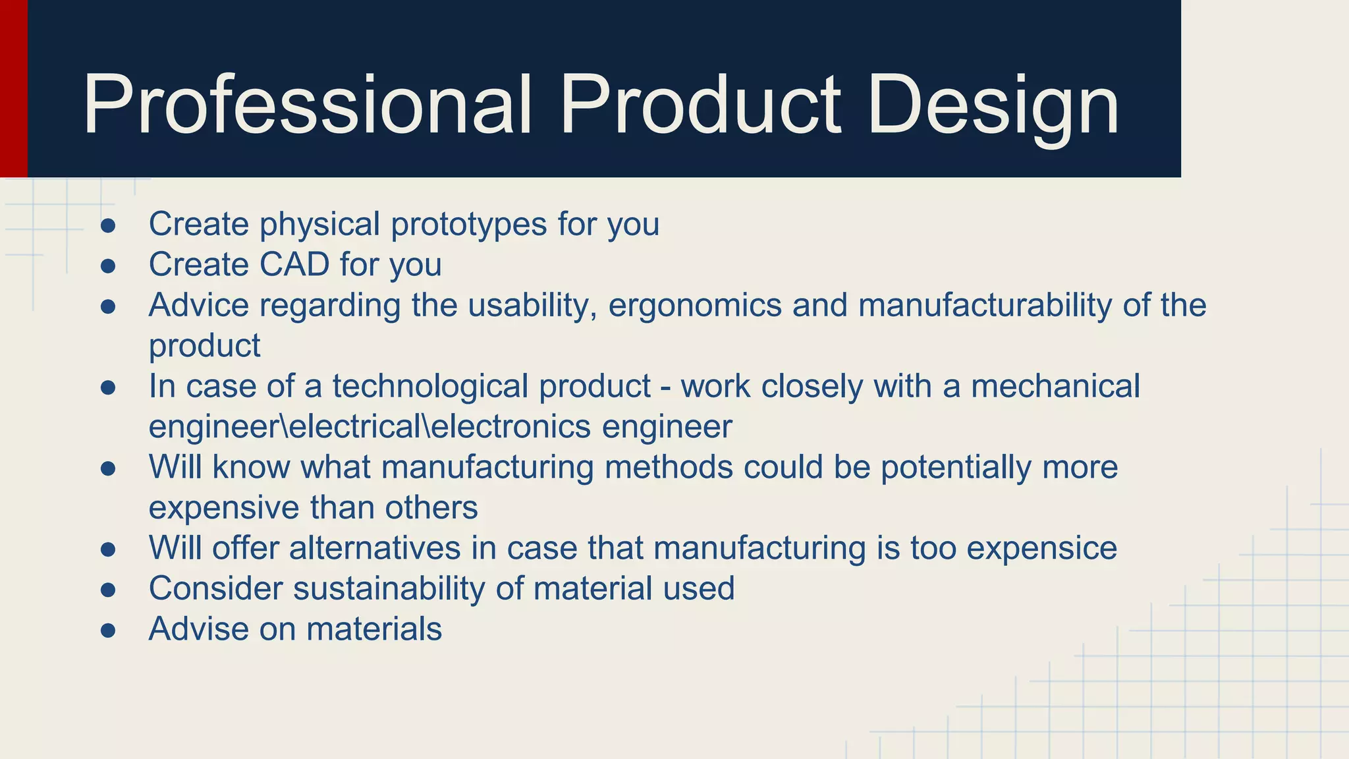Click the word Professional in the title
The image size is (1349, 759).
(x=307, y=105)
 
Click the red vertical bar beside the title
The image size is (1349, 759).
(x=13, y=88)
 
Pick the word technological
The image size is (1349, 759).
(x=430, y=387)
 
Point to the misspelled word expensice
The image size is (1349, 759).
(x=1041, y=549)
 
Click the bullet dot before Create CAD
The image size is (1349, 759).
(x=108, y=266)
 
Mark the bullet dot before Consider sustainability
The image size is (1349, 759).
(x=108, y=590)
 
